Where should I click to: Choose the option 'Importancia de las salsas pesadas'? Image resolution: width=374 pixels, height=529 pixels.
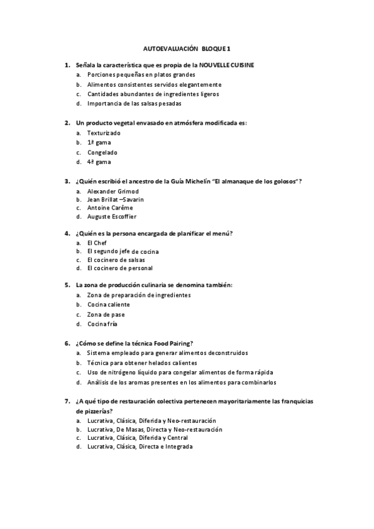pos(135,104)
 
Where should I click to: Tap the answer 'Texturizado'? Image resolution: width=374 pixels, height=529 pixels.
pos(104,133)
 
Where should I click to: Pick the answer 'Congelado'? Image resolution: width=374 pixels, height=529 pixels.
pos(102,152)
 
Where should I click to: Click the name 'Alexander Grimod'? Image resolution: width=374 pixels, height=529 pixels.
pos(113,191)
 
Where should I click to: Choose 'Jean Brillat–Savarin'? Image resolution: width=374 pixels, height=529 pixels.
pos(116,200)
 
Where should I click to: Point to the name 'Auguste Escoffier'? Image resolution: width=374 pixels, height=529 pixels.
pos(112,216)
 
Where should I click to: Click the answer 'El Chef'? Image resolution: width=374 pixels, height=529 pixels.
pos(97,242)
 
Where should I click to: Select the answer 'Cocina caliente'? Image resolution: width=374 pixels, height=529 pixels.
pos(109,304)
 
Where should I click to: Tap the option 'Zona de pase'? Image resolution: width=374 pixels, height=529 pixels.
pos(106,314)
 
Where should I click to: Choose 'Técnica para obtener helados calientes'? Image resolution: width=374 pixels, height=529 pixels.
pos(142,362)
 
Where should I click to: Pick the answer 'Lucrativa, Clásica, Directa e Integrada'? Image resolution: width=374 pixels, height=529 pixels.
pos(140,447)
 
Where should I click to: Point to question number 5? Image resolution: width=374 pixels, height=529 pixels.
pos(67,285)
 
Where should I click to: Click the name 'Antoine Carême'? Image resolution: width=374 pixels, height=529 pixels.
pos(111,208)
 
